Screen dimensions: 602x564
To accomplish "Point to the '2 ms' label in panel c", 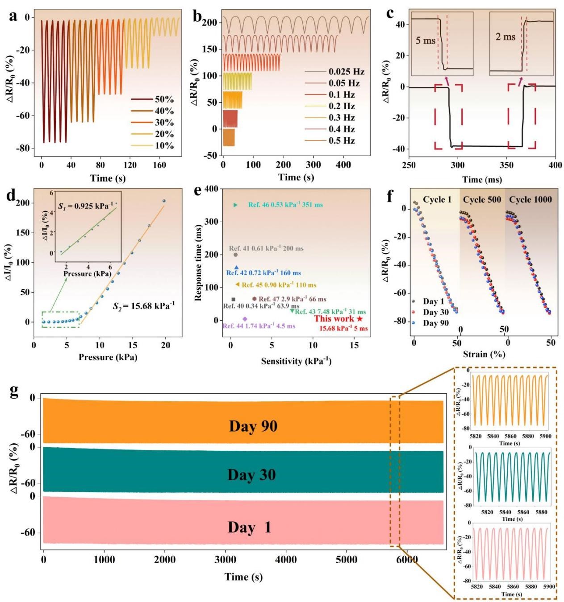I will click(x=505, y=37).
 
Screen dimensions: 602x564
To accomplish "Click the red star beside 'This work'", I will click(x=360, y=319).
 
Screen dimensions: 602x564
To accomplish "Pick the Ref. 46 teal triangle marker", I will click(x=236, y=205).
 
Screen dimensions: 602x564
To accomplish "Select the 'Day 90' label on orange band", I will click(x=253, y=426).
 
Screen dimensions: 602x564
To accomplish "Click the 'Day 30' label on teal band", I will click(x=251, y=475).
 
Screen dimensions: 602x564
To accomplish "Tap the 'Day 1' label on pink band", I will click(x=249, y=528).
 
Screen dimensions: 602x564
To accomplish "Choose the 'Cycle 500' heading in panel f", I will click(x=482, y=199).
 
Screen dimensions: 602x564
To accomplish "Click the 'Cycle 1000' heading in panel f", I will click(x=530, y=199).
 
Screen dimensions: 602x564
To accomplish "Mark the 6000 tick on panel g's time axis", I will click(x=407, y=560).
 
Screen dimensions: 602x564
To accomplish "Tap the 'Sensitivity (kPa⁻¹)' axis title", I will click(x=296, y=361).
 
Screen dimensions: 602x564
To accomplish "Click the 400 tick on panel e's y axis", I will click(x=212, y=189).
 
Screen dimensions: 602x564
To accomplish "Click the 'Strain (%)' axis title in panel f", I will click(x=484, y=354).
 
